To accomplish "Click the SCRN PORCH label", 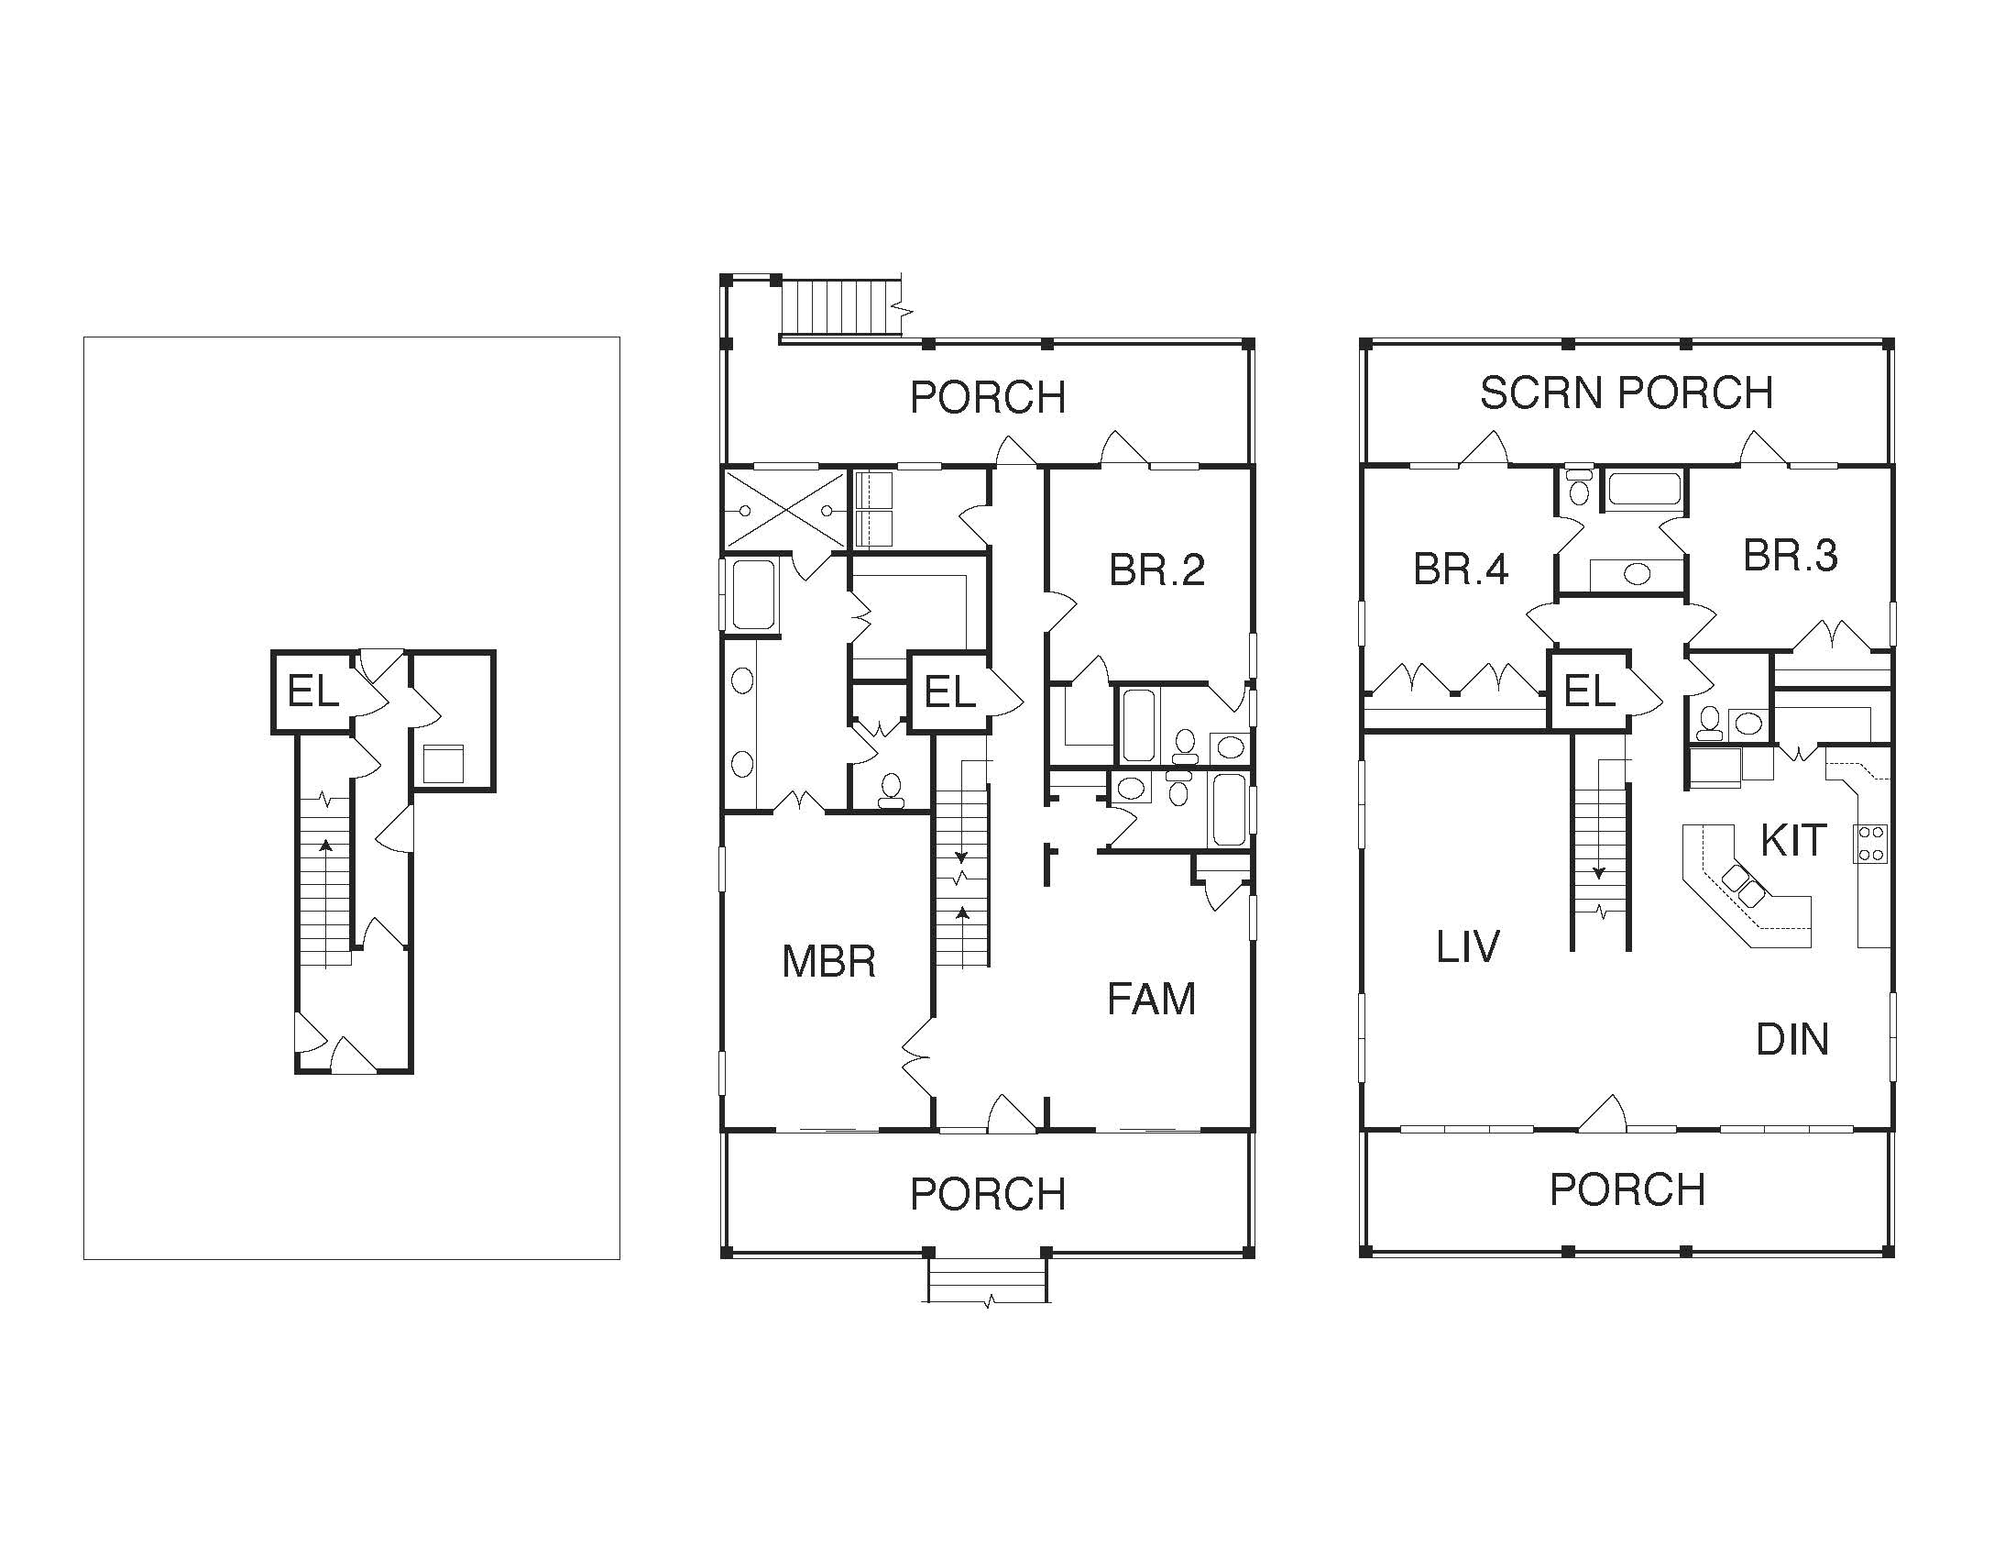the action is [x=1627, y=393].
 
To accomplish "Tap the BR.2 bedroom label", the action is [x=1156, y=569].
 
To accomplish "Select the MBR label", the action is [x=828, y=961].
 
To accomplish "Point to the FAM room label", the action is [x=1151, y=1000].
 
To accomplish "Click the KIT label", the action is [x=1792, y=840].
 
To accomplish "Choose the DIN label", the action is [x=1792, y=1040].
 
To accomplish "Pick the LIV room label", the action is [x=1468, y=946].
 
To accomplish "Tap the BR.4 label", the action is [x=1462, y=569].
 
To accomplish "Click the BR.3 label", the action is [x=1790, y=555].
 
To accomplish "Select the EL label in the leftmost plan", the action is [x=312, y=691].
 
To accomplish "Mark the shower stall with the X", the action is [x=784, y=509].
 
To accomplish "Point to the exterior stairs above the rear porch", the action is [x=841, y=307].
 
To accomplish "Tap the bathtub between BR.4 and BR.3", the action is [x=1644, y=489].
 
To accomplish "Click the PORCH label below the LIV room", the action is [x=1627, y=1189].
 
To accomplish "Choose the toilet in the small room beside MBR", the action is [x=891, y=791].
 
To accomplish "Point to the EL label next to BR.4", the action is [x=1589, y=691].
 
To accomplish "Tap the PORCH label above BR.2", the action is [x=988, y=397].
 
